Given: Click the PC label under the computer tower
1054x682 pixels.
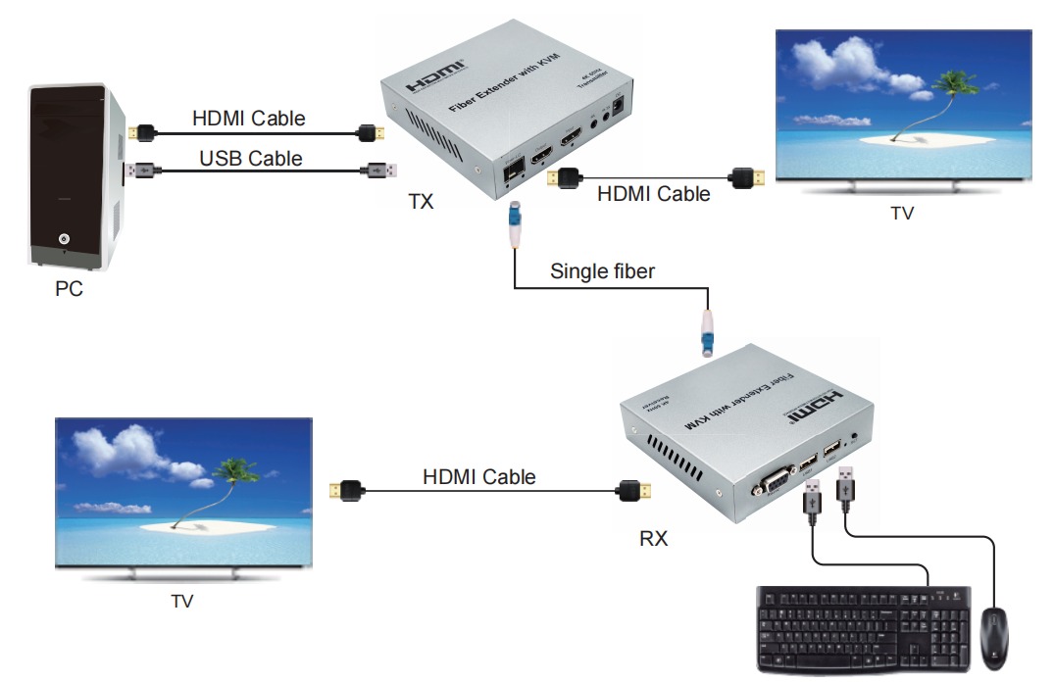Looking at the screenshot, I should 68,290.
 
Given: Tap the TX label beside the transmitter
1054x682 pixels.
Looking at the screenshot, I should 421,202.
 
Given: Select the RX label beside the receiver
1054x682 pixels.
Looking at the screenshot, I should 653,537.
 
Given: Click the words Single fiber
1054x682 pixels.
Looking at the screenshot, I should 602,270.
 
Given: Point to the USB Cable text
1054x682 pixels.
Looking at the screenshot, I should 251,158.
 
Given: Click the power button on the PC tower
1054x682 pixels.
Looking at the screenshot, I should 64,238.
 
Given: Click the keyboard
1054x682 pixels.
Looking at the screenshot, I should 863,626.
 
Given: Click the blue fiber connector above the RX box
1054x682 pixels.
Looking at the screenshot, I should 708,333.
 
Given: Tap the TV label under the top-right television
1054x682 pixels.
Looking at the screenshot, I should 901,213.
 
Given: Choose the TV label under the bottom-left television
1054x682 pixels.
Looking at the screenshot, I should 181,601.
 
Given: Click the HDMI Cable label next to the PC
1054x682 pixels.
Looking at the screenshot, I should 249,119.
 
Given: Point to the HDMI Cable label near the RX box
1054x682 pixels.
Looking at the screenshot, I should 479,477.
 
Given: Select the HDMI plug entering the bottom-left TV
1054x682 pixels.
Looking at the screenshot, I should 344,487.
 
